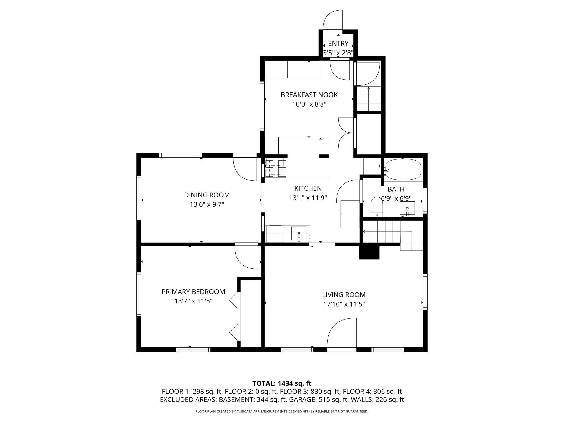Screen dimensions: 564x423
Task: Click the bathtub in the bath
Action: (403, 169)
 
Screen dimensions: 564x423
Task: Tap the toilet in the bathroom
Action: (376, 207)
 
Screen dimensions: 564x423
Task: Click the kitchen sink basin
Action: (299, 234)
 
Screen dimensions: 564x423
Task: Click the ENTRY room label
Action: (338, 43)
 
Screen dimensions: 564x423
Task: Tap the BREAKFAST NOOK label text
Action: (309, 95)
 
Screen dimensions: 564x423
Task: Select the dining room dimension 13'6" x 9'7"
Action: (207, 204)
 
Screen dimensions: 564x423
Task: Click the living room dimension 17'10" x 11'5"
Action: (344, 304)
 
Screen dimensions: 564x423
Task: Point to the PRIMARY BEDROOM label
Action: (193, 292)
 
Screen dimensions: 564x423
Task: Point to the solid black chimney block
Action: (369, 252)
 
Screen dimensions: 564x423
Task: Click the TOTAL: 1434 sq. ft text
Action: (282, 383)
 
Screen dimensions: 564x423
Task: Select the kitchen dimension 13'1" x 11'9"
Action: (308, 198)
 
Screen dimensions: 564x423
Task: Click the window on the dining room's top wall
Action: (180, 155)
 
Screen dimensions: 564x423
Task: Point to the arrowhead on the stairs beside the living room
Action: (364, 232)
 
